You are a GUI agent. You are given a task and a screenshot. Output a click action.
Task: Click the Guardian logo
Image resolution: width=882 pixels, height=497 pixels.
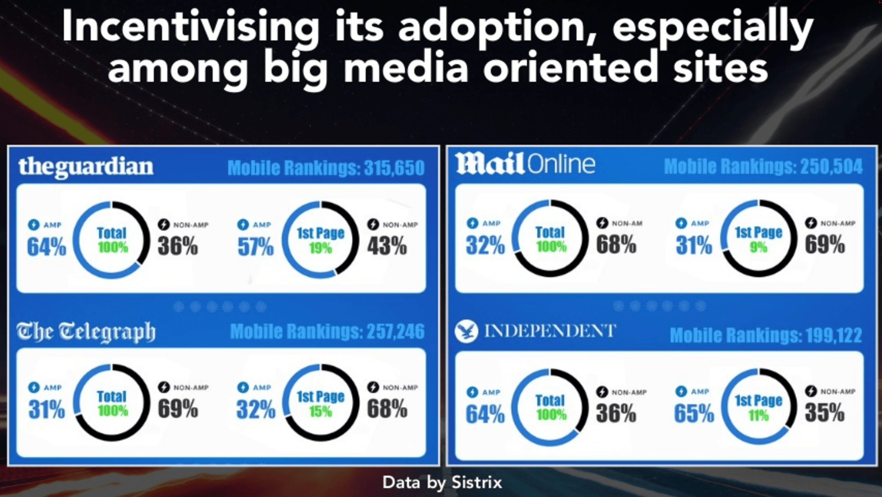click(86, 167)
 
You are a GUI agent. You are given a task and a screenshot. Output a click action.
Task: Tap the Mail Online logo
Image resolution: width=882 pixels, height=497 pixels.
click(525, 164)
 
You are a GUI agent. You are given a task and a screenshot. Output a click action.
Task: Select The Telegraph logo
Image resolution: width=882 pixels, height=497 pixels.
click(86, 332)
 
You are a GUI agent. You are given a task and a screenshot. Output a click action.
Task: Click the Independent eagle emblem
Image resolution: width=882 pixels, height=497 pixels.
click(466, 331)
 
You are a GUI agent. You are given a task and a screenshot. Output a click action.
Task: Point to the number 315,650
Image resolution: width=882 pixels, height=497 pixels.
click(394, 168)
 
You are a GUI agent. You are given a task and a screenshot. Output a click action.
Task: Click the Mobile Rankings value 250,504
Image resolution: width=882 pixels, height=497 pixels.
click(831, 167)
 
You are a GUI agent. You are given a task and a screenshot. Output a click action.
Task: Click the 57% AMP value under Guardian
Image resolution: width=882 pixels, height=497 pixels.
click(255, 246)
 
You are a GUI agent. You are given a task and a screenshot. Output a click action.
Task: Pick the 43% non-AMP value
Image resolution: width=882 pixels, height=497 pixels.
click(387, 246)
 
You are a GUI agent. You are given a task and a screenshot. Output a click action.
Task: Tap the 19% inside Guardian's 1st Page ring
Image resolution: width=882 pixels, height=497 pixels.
click(320, 249)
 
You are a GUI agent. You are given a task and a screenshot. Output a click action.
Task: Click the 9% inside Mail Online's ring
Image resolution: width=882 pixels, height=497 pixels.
click(759, 247)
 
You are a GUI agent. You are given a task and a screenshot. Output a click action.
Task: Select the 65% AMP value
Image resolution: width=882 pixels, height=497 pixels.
click(694, 414)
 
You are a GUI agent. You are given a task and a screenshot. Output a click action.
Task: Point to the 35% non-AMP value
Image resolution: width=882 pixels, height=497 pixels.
click(825, 413)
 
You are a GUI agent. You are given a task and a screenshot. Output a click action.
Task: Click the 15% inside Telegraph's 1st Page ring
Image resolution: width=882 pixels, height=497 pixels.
click(320, 412)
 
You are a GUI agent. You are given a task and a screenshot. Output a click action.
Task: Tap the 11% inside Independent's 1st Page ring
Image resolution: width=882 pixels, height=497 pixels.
click(759, 416)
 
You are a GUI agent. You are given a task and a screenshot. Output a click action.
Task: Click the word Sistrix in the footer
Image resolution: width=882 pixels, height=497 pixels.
click(476, 482)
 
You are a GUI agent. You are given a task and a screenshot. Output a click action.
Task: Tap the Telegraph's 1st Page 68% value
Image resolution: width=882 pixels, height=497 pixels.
click(387, 409)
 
